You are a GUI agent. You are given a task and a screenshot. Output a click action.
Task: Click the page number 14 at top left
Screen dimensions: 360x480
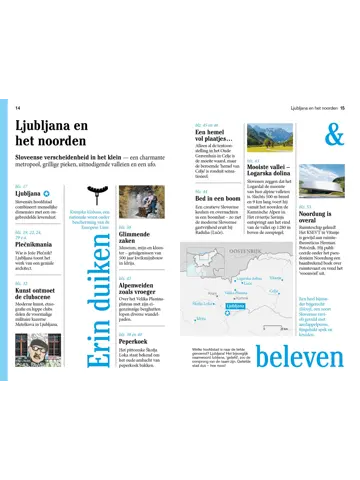click(x=18, y=107)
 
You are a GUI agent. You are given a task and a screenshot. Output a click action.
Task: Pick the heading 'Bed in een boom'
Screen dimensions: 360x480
click(x=215, y=196)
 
